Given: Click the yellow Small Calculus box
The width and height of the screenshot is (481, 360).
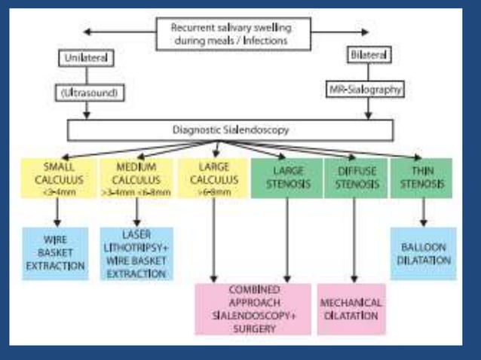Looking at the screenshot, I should tap(54, 176).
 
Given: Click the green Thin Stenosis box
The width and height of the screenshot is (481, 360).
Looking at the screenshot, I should tap(421, 176).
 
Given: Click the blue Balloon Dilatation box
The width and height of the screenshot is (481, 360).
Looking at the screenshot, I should tap(423, 254).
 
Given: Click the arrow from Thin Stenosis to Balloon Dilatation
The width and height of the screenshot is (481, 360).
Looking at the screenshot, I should tap(423, 212).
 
